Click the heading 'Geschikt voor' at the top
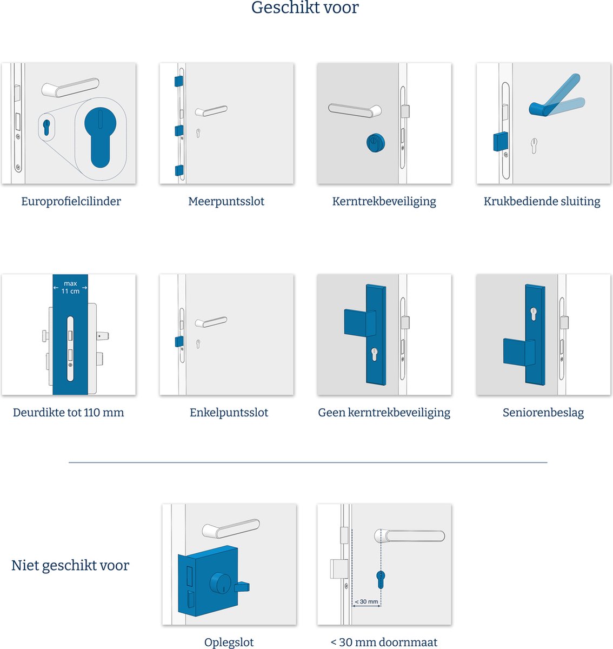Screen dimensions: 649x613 pyautogui.click(x=305, y=8)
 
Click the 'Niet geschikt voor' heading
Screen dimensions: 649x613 pyautogui.click(x=70, y=566)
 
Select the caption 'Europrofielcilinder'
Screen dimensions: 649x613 pyautogui.click(x=71, y=201)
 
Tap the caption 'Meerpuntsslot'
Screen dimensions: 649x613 pyautogui.click(x=226, y=201)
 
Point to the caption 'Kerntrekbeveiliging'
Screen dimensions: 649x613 pyautogui.click(x=384, y=201)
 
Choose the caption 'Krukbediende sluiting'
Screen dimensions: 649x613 pyautogui.click(x=542, y=201)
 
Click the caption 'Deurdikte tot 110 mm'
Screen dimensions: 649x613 pyautogui.click(x=69, y=413)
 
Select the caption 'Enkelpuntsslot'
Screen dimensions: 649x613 pyautogui.click(x=229, y=413)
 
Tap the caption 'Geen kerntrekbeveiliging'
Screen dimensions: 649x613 pyautogui.click(x=384, y=413)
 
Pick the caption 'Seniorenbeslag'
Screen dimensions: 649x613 pyautogui.click(x=543, y=413)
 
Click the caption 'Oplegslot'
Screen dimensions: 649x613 pyautogui.click(x=229, y=642)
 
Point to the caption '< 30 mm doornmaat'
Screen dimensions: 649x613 pyautogui.click(x=384, y=642)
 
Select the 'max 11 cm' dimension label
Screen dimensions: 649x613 pyautogui.click(x=70, y=287)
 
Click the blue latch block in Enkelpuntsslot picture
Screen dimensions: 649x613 pyautogui.click(x=178, y=341)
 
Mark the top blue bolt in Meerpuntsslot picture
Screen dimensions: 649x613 pyautogui.click(x=178, y=81)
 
